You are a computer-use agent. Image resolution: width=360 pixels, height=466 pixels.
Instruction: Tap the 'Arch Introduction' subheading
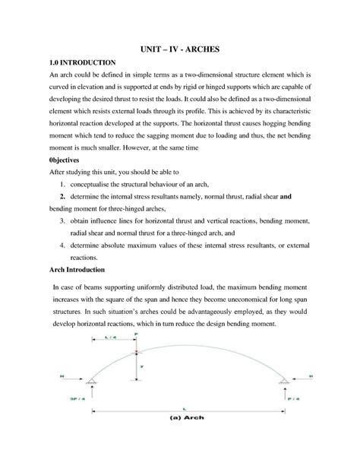click(x=77, y=270)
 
